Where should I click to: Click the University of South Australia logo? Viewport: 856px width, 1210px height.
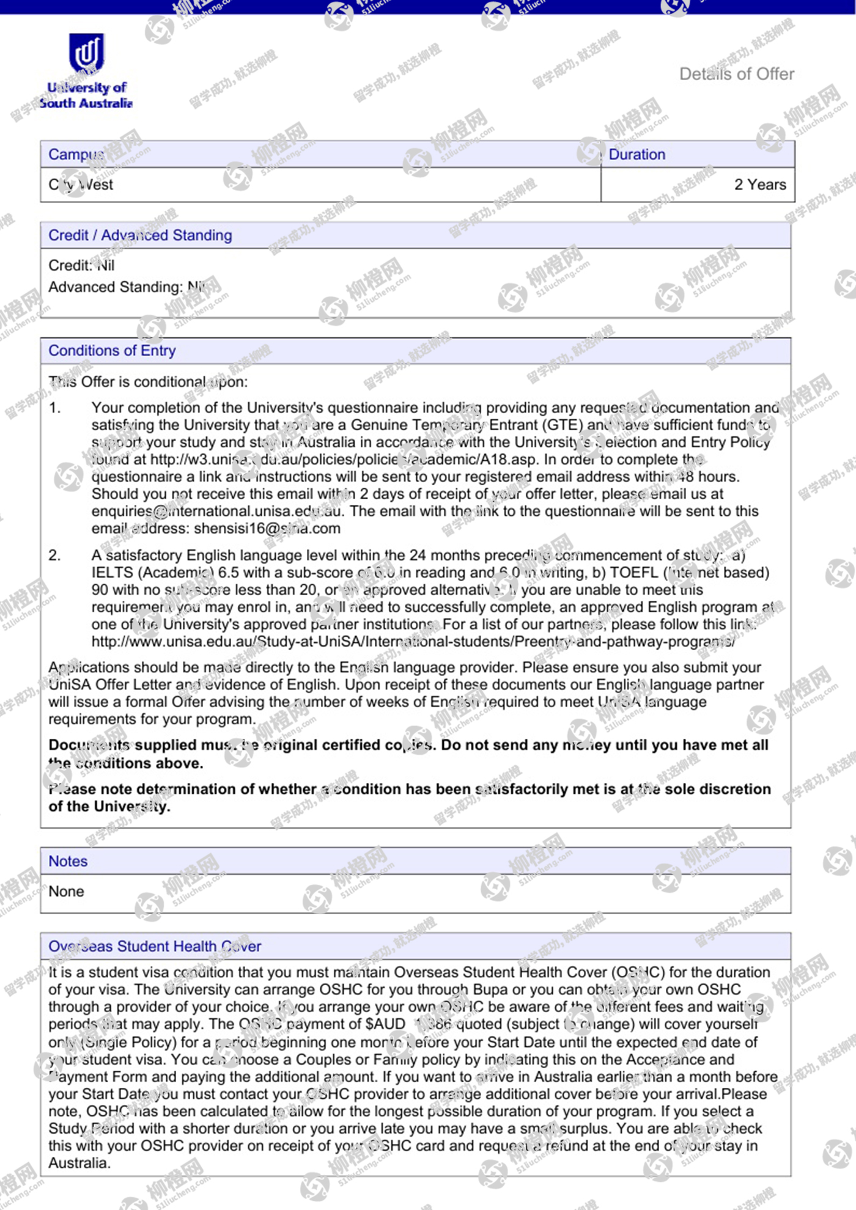pyautogui.click(x=86, y=71)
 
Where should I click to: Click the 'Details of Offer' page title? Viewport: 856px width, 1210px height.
pyautogui.click(x=736, y=74)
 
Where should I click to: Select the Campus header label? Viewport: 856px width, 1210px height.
pyautogui.click(x=76, y=155)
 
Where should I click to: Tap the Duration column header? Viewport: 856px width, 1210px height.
pyautogui.click(x=636, y=155)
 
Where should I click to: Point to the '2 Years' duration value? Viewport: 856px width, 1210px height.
pyautogui.click(x=760, y=185)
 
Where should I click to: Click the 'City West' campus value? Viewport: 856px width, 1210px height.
pyautogui.click(x=81, y=185)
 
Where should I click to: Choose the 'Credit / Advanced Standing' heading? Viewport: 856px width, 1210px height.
pyautogui.click(x=140, y=235)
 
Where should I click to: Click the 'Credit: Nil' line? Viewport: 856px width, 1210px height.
pyautogui.click(x=81, y=265)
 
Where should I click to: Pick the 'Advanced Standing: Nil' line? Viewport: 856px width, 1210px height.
pyautogui.click(x=127, y=287)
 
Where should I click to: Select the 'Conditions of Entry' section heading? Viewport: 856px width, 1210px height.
pyautogui.click(x=112, y=351)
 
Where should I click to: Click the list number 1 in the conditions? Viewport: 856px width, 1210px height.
pyautogui.click(x=55, y=408)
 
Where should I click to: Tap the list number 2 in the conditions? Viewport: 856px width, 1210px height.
pyautogui.click(x=55, y=555)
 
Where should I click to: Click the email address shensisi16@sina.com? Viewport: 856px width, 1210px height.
pyautogui.click(x=267, y=529)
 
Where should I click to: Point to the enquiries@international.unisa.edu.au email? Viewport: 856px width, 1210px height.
pyautogui.click(x=216, y=512)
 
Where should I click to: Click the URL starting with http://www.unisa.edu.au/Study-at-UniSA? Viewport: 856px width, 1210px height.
pyautogui.click(x=413, y=642)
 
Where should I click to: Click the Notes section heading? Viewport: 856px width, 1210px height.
pyautogui.click(x=68, y=861)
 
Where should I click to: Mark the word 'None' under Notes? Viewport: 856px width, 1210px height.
pyautogui.click(x=66, y=892)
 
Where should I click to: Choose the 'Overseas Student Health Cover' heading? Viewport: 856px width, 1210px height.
pyautogui.click(x=155, y=947)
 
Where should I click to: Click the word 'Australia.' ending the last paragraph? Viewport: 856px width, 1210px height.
pyautogui.click(x=79, y=1163)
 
